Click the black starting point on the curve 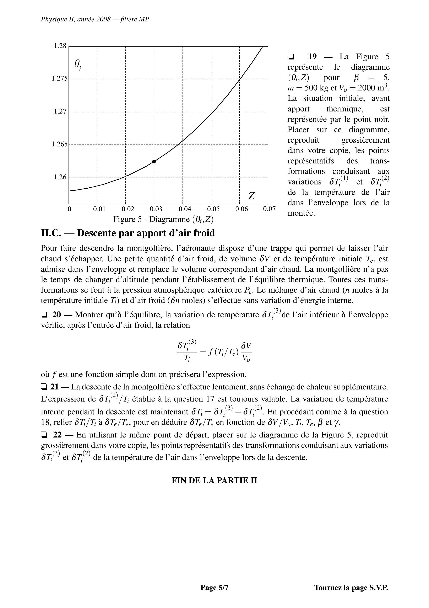154,162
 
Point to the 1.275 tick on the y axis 60,78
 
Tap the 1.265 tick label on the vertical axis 60,144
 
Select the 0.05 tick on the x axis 213,209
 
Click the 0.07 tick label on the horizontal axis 269,209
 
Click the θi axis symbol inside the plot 77,64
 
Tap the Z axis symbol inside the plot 251,196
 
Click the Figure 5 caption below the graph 163,219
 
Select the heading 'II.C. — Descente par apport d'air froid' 128,233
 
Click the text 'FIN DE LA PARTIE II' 214,481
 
